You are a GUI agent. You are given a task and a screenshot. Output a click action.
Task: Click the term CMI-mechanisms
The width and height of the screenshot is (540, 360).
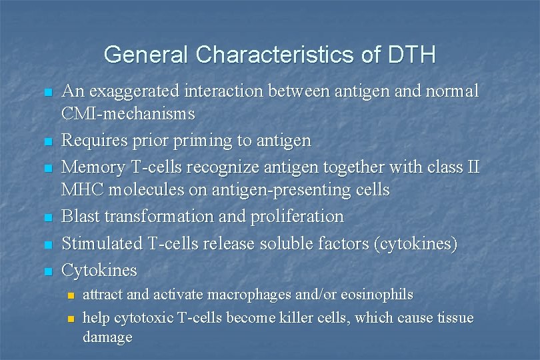[128, 114]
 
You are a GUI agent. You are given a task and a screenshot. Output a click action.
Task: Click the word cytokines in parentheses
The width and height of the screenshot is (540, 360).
[416, 243]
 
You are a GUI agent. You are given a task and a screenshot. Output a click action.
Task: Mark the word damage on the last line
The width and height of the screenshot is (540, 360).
[107, 337]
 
